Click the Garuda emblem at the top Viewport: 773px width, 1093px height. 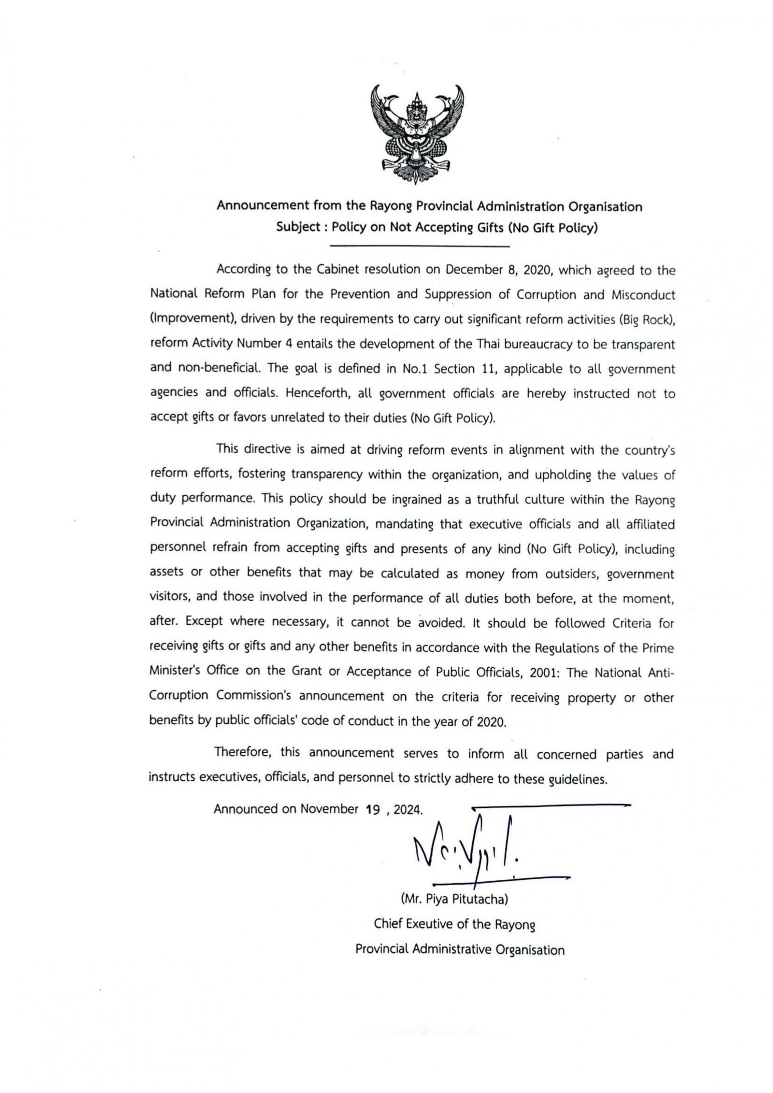pyautogui.click(x=417, y=133)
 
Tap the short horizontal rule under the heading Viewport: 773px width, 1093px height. pyautogui.click(x=419, y=247)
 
